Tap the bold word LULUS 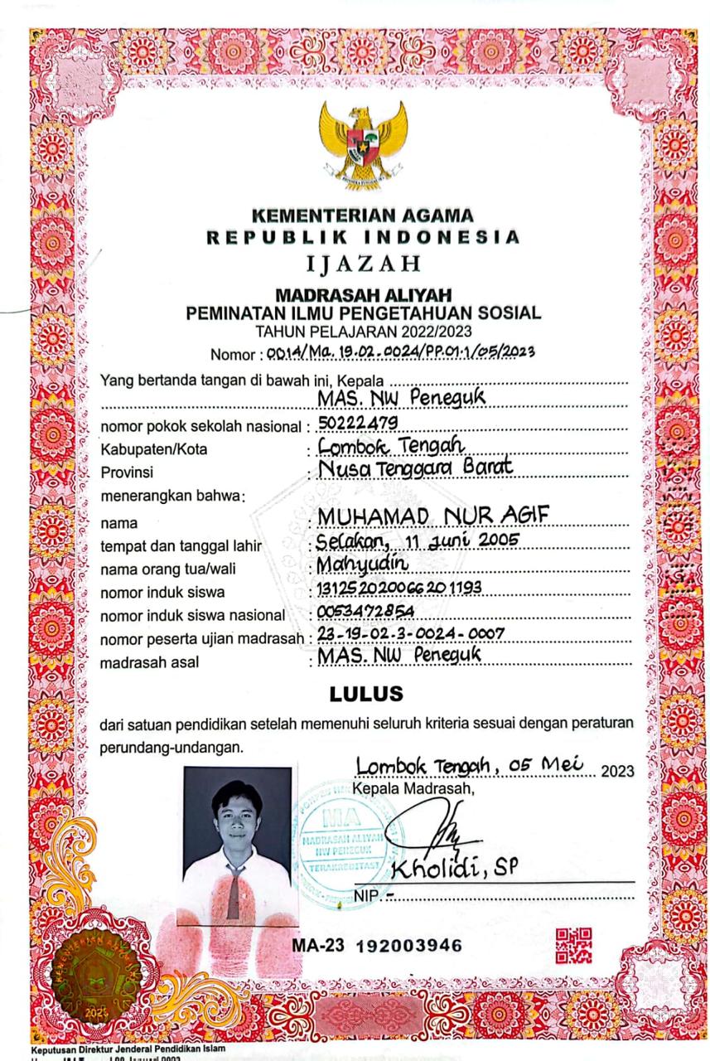365,693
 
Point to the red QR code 574,946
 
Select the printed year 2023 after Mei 618,772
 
